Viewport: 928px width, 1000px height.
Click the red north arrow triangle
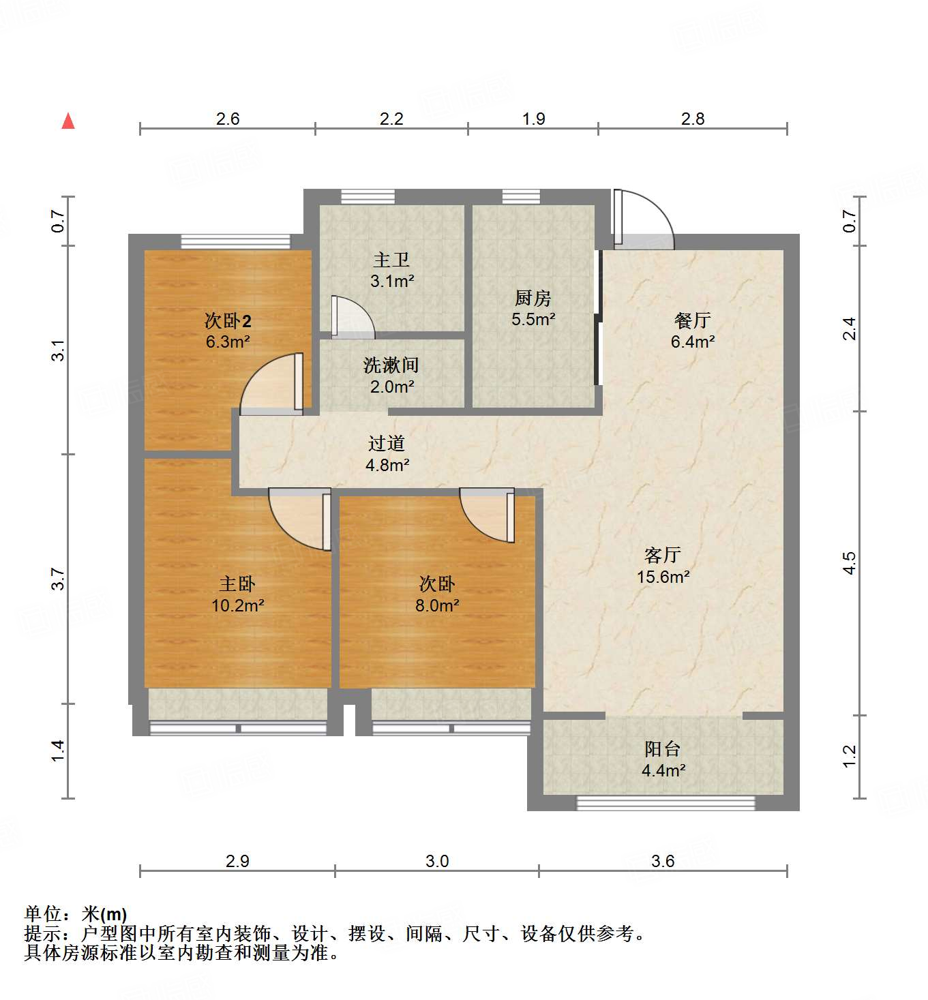[68, 121]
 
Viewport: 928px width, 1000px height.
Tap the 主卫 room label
[391, 260]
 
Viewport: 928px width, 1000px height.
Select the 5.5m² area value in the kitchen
[533, 319]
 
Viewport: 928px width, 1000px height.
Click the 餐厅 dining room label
[692, 320]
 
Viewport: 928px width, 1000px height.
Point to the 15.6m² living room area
[663, 577]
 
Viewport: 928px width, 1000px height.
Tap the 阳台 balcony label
[662, 749]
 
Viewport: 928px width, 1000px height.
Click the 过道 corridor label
[387, 444]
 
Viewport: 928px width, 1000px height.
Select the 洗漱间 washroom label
[391, 365]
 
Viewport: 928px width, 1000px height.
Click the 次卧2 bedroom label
[228, 320]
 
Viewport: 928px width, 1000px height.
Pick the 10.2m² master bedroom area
[237, 605]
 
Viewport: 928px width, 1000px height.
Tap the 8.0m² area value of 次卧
[436, 605]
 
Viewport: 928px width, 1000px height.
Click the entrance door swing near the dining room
[642, 218]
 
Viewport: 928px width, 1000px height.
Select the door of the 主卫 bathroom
[350, 318]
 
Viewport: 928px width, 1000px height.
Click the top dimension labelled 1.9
[533, 119]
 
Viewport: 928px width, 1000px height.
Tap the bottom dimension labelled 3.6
[662, 861]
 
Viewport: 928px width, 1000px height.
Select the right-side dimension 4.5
[849, 563]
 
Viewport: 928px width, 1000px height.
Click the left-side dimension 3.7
[59, 579]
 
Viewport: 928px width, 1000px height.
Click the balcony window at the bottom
[665, 803]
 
